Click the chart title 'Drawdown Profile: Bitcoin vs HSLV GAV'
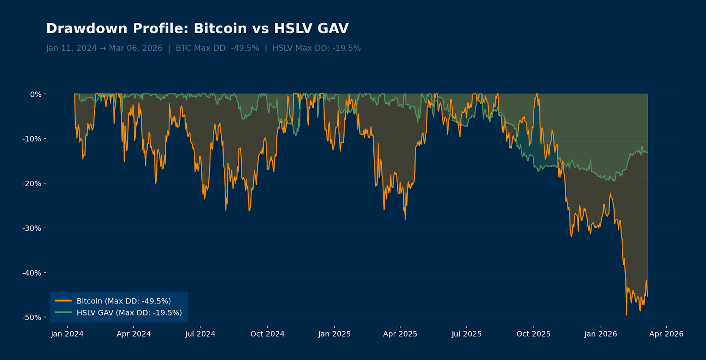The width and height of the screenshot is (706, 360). point(197,29)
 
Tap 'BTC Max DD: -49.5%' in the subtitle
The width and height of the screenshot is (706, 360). point(217,48)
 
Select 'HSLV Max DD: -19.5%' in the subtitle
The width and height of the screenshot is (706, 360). point(316,48)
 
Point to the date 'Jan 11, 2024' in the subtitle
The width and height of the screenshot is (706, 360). point(71,48)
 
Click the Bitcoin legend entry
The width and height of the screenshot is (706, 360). point(124,301)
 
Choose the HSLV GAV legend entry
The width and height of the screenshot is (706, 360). point(129,313)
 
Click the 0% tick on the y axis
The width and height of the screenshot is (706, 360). point(36,94)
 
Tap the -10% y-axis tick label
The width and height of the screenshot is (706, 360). point(32,139)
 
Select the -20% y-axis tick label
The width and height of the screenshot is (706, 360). point(32,184)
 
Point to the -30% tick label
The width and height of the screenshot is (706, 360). point(32,229)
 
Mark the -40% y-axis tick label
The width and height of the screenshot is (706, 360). point(32,273)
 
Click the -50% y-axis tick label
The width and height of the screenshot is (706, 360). point(32,318)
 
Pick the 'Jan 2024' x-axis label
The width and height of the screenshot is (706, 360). point(67,334)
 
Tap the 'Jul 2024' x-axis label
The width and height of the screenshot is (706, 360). point(200,334)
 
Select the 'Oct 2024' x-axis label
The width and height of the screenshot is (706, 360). point(267,334)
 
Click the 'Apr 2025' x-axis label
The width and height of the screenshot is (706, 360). point(400,334)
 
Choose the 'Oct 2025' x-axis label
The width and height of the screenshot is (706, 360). point(533,334)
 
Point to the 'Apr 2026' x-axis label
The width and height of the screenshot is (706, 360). point(666,334)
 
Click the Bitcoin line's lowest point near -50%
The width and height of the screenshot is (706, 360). point(626,314)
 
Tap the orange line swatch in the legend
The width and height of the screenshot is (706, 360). point(63,301)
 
